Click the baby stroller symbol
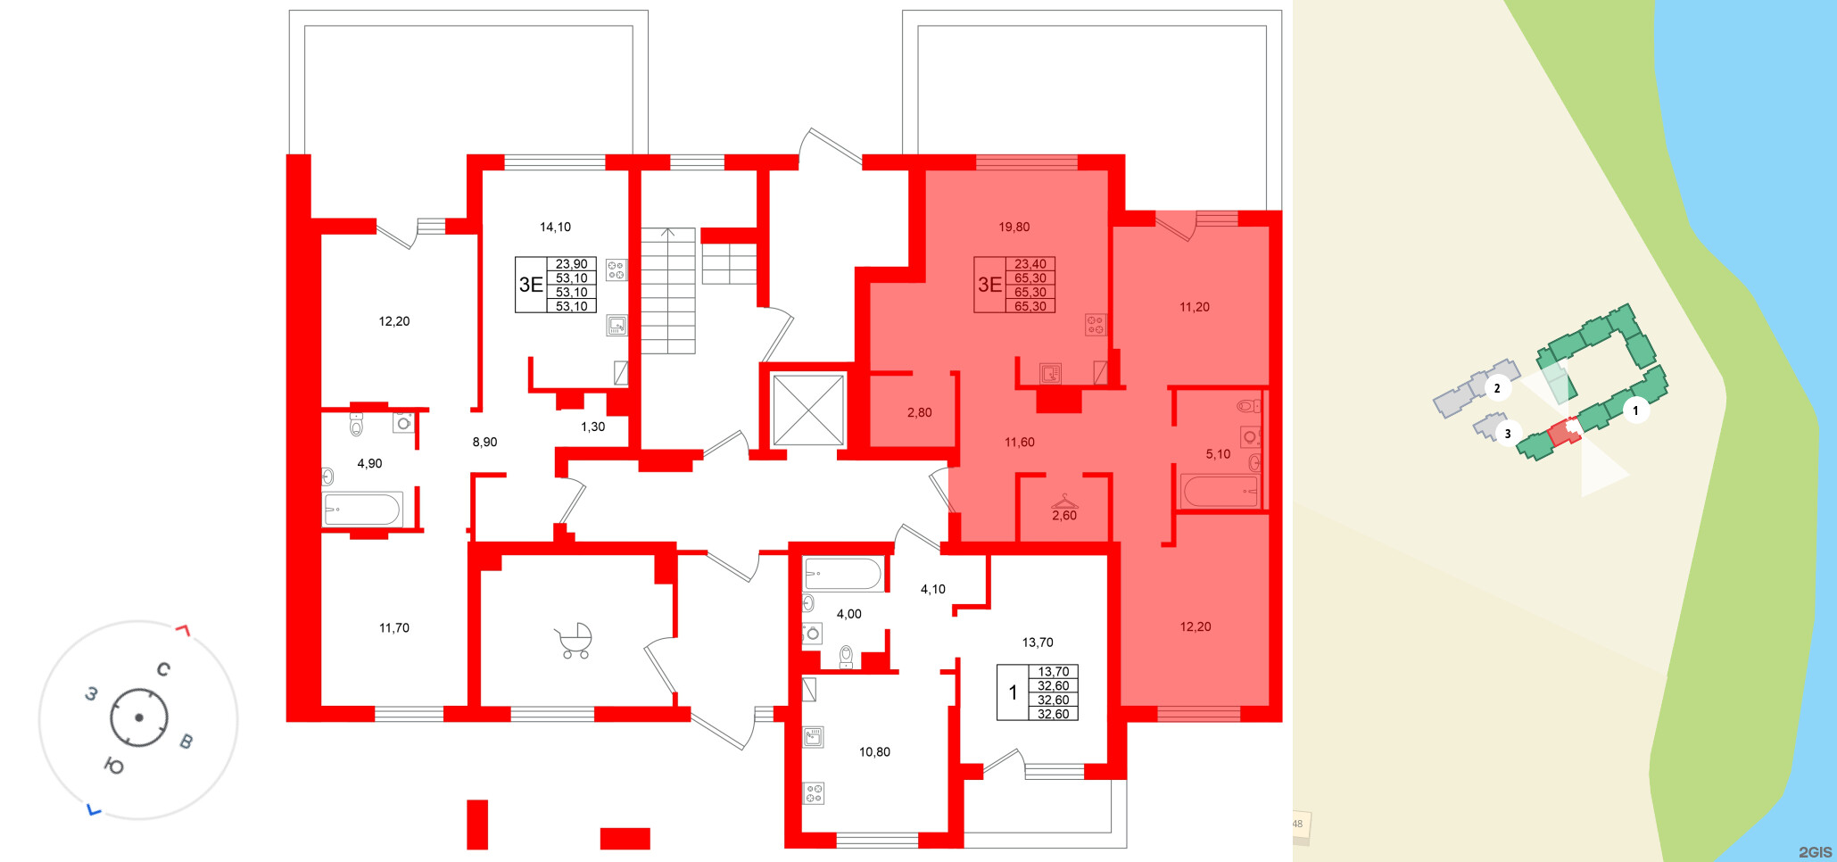(574, 641)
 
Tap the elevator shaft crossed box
(808, 410)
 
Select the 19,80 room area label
(1014, 227)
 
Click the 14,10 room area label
(555, 227)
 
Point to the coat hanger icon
(1064, 501)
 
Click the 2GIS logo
(1815, 852)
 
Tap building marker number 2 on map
(1497, 388)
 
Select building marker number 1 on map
(1635, 410)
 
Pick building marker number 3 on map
(1508, 434)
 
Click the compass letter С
(163, 669)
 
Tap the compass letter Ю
(114, 766)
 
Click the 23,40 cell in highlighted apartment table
(1030, 264)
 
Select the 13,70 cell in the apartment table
(1054, 672)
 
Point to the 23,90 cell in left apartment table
(572, 264)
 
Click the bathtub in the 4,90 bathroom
(362, 510)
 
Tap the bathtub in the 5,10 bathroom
(1219, 491)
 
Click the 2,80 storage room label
(919, 412)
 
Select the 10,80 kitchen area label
(874, 751)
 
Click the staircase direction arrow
(667, 235)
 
